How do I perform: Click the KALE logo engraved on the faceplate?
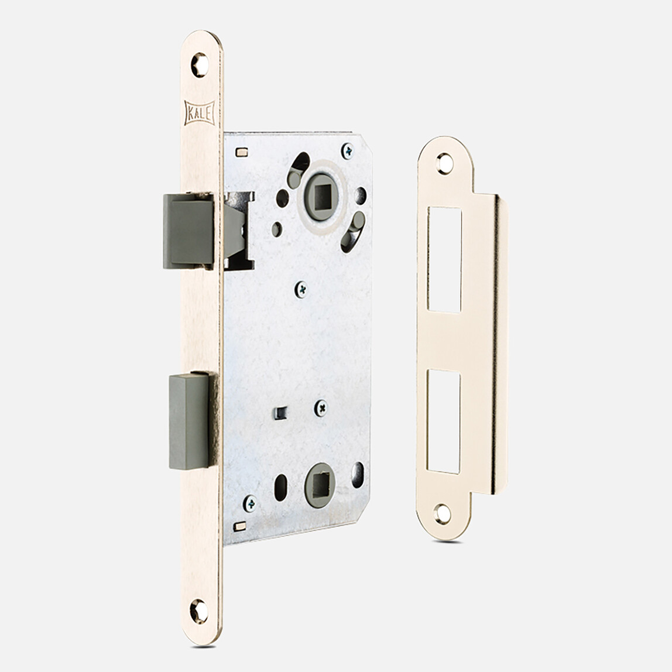point(199,113)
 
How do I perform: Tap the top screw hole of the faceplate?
point(200,65)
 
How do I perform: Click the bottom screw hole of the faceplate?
point(199,611)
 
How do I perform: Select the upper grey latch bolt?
point(188,231)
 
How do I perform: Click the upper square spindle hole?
point(321,196)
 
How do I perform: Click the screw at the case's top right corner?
point(348,151)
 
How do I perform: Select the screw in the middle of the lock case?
point(301,289)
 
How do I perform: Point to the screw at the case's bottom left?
point(250,503)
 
